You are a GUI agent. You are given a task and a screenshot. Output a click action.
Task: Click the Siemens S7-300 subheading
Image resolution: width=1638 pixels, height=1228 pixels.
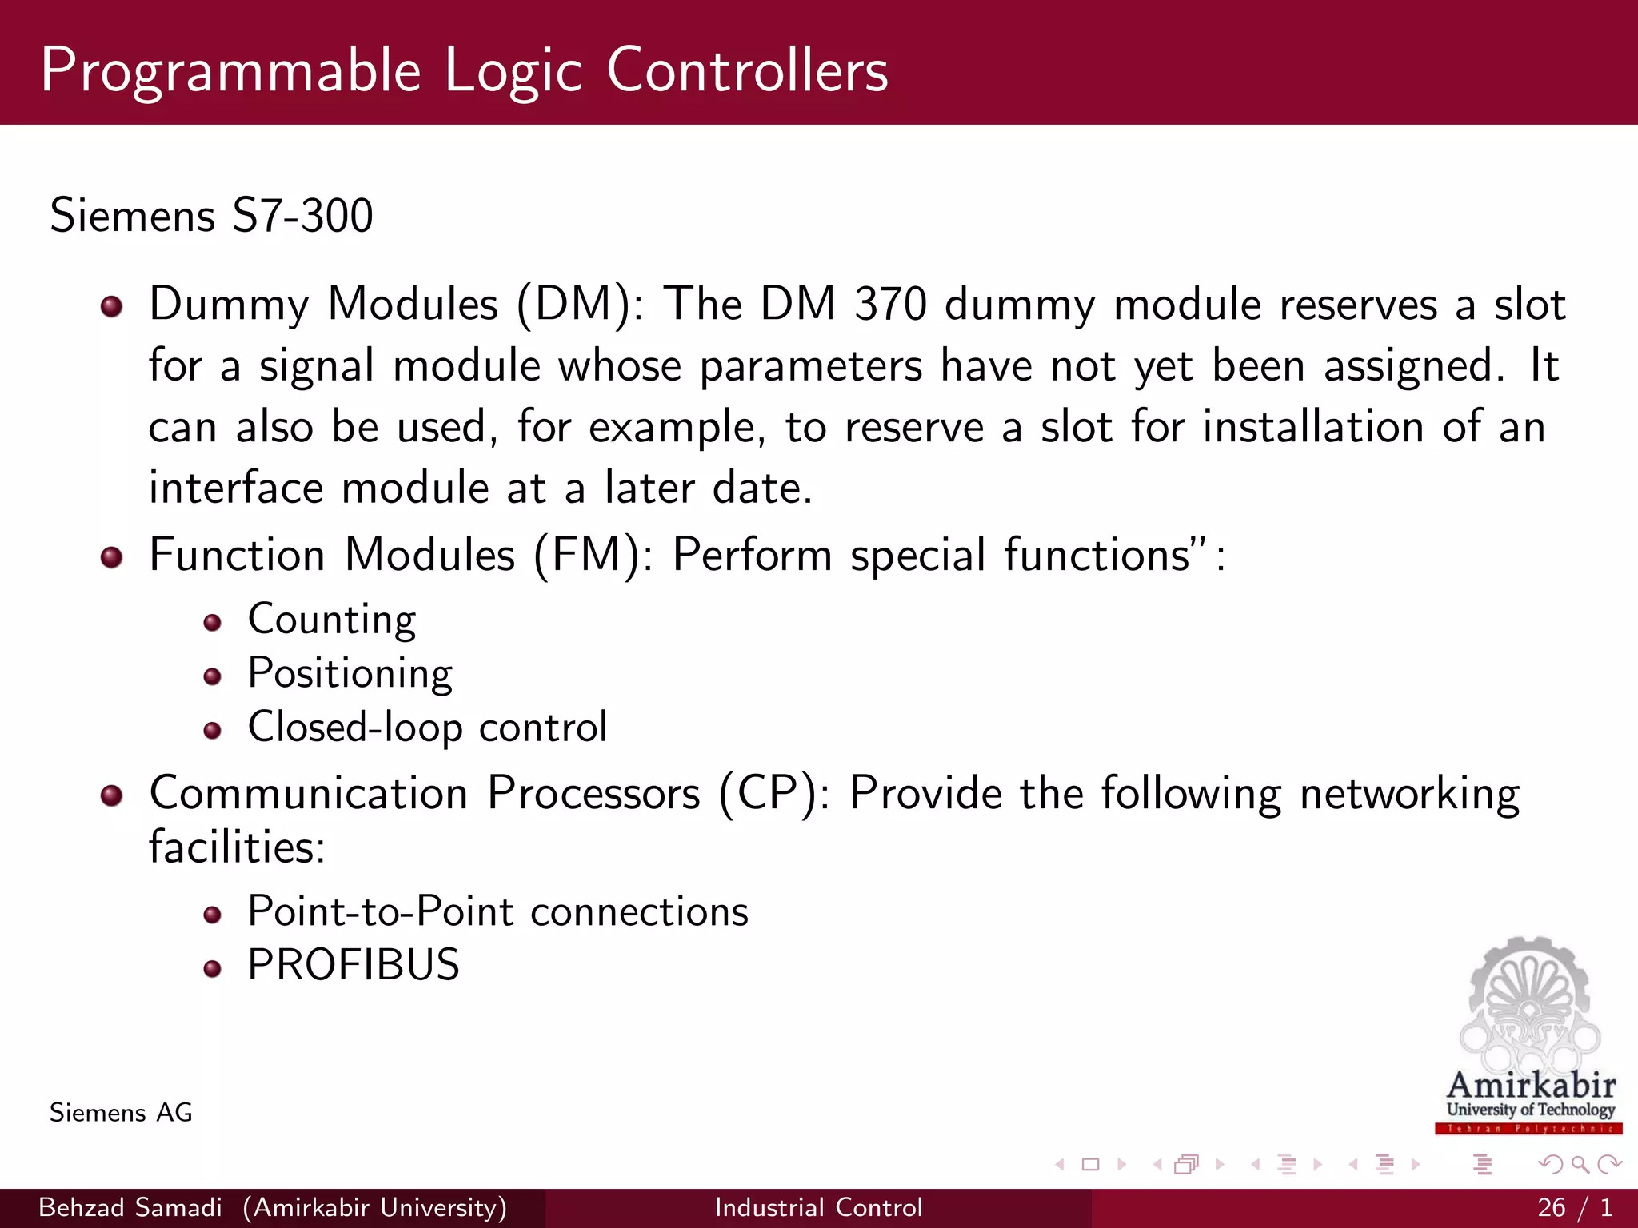coord(211,216)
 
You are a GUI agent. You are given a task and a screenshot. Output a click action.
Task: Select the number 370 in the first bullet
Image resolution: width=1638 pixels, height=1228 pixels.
coord(889,305)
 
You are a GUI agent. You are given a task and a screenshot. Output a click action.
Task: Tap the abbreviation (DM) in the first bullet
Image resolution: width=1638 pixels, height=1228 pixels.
coord(573,305)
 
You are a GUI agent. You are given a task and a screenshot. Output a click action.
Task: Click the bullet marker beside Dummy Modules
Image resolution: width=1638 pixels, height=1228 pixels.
coord(112,307)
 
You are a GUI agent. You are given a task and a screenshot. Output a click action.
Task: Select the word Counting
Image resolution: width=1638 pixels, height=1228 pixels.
coord(332,620)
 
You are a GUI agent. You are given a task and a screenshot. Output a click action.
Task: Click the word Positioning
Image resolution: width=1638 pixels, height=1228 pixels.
coord(350,674)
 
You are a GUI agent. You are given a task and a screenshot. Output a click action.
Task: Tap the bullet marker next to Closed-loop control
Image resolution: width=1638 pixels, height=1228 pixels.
coord(212,731)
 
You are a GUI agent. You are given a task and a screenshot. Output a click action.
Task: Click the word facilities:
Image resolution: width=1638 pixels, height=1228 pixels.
coord(238,847)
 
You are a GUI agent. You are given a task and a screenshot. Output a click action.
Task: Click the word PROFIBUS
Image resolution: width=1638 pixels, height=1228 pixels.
coord(354,965)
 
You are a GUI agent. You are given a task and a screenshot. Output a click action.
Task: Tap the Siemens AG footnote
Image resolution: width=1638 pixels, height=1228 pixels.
coord(121,1113)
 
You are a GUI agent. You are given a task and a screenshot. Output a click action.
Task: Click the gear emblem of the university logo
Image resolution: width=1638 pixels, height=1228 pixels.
coord(1529,999)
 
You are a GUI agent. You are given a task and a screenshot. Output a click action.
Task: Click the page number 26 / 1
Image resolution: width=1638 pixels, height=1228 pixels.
coord(1574,1207)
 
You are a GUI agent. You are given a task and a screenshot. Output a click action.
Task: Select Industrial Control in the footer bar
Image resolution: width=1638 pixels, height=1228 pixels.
coord(818,1207)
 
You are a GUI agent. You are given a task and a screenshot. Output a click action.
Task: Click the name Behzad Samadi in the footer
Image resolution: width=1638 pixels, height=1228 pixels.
coord(130,1207)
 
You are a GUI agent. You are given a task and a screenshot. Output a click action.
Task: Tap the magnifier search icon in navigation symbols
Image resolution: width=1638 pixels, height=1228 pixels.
coord(1580,1165)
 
